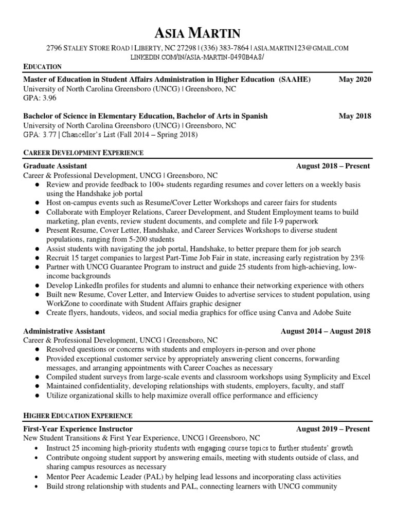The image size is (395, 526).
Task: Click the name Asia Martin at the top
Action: pos(197,33)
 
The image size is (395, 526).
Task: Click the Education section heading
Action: pos(43,67)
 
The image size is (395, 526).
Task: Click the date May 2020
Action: pos(354,80)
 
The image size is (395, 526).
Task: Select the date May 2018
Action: pos(354,116)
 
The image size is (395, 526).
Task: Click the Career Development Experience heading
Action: pos(83,153)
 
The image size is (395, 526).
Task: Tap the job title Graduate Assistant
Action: pos(55,166)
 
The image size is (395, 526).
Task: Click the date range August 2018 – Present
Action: pos(333,166)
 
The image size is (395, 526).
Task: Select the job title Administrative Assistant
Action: pos(64,331)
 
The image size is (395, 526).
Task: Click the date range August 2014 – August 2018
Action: pos(325,331)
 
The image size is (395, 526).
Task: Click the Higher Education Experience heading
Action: pos(78,416)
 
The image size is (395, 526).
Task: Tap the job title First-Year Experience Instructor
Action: pos(78,429)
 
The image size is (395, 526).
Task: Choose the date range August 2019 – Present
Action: pos(333,429)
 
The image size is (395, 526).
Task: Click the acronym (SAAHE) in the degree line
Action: pos(295,80)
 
